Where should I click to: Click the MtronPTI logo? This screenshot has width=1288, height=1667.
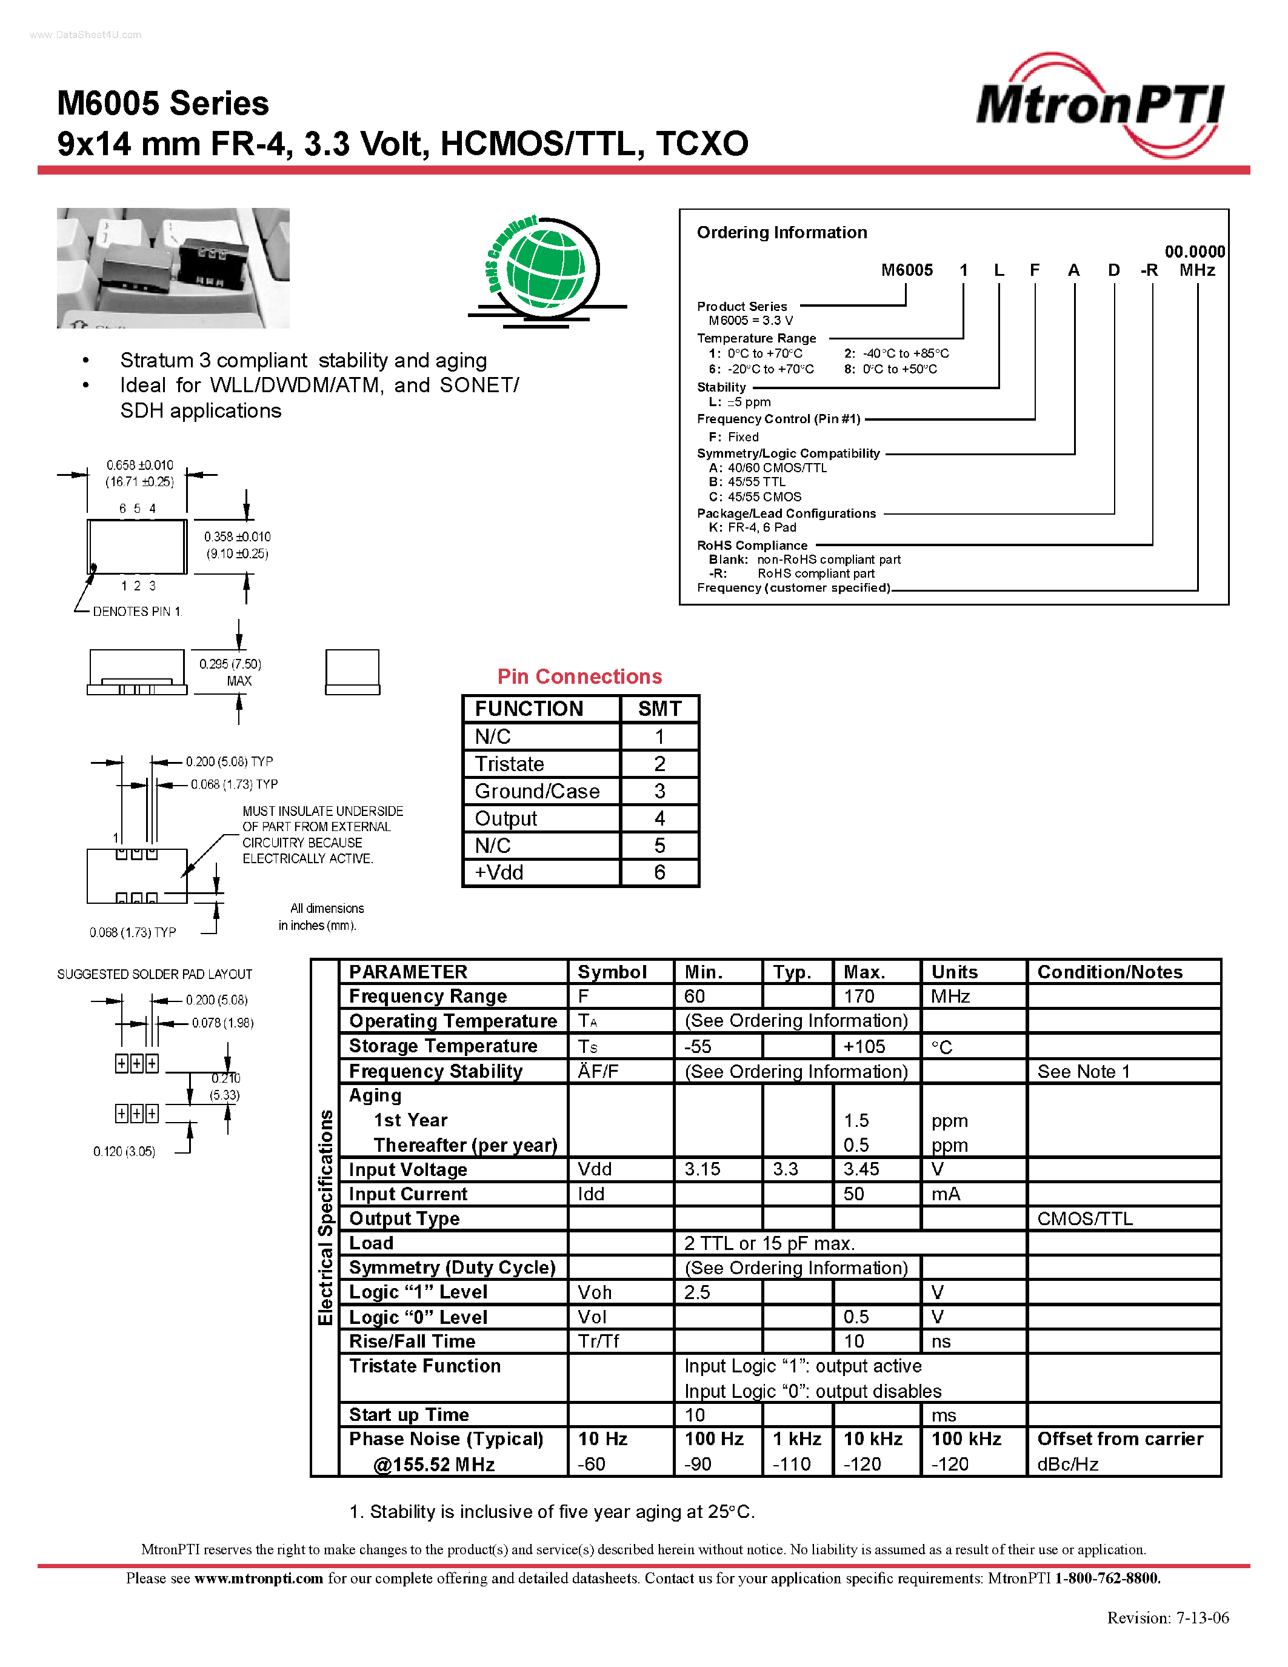[1099, 105]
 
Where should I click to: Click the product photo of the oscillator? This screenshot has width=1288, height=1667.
[173, 268]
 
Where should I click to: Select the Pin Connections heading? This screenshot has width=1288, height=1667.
[579, 677]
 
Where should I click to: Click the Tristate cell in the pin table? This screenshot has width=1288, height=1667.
[510, 764]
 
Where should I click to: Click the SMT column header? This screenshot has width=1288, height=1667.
[659, 709]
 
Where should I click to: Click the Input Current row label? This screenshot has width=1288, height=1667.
[409, 1194]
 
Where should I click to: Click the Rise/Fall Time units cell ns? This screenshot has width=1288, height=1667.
[941, 1341]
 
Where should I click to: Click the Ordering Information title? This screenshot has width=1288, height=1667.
[781, 232]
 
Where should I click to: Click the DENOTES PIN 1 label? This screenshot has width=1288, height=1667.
[138, 612]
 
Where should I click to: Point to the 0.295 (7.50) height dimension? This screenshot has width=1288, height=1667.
[230, 664]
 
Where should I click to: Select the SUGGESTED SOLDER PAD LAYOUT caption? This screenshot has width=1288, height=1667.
[154, 974]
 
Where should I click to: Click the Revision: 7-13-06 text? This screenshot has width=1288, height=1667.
[1167, 1617]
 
